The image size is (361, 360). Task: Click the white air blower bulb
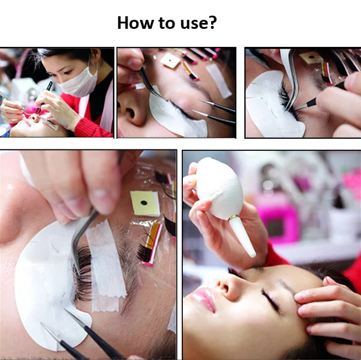[219, 189]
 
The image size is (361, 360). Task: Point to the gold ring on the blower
[233, 218]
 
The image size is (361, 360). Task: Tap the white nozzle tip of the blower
[243, 237]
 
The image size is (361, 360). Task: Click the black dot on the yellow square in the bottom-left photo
[144, 203]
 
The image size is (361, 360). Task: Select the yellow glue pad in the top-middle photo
[170, 61]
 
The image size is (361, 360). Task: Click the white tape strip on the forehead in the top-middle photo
[219, 81]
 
